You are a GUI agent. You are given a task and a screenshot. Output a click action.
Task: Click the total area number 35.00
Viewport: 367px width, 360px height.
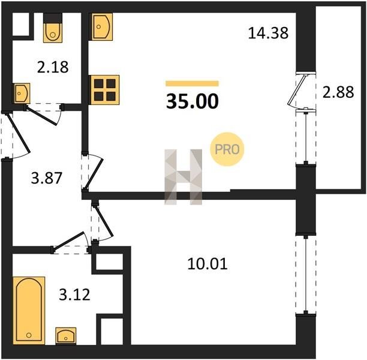point(192,101)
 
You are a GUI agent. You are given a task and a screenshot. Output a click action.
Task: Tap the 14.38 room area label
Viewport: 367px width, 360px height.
point(268,33)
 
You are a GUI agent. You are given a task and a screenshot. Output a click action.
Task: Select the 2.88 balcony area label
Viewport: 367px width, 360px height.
point(338,92)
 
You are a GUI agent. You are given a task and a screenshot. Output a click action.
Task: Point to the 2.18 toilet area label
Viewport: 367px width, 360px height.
point(53,67)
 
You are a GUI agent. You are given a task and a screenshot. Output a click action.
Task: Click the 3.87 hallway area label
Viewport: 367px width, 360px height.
point(47,178)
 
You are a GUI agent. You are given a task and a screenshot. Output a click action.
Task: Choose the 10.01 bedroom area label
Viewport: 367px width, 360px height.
point(207,264)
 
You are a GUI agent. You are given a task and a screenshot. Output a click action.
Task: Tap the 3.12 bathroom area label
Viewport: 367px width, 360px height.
point(74,295)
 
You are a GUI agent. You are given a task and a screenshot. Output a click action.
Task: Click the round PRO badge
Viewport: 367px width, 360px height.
point(227,149)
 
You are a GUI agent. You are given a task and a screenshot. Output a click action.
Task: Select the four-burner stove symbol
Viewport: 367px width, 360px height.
point(105,90)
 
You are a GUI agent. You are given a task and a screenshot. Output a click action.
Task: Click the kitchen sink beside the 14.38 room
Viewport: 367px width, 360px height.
point(102,26)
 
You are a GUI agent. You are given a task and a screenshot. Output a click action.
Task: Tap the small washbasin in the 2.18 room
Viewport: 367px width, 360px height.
point(22,93)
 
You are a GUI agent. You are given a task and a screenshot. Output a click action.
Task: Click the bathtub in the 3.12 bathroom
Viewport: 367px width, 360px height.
point(29,311)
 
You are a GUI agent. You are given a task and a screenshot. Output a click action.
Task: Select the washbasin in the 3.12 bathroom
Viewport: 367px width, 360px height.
point(66,336)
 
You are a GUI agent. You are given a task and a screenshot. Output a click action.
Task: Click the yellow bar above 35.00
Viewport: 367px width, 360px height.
point(192,83)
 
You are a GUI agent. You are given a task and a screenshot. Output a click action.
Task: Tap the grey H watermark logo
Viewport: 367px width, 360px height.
point(183,177)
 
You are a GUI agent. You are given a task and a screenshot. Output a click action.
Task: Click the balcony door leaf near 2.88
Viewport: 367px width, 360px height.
point(297,90)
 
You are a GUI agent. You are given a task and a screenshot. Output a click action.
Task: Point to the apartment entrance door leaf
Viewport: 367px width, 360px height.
point(19,133)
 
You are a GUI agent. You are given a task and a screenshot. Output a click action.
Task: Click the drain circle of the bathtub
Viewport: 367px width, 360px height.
point(29,335)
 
